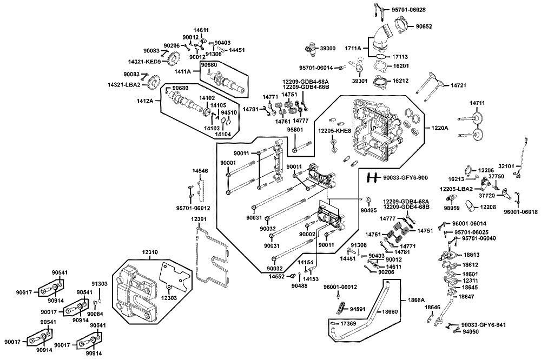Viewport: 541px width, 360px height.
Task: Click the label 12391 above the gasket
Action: [x=199, y=219]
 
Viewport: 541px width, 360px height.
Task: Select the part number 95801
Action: [x=294, y=130]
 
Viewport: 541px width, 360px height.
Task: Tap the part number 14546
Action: [x=200, y=171]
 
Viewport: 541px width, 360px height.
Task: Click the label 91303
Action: [x=99, y=283]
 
